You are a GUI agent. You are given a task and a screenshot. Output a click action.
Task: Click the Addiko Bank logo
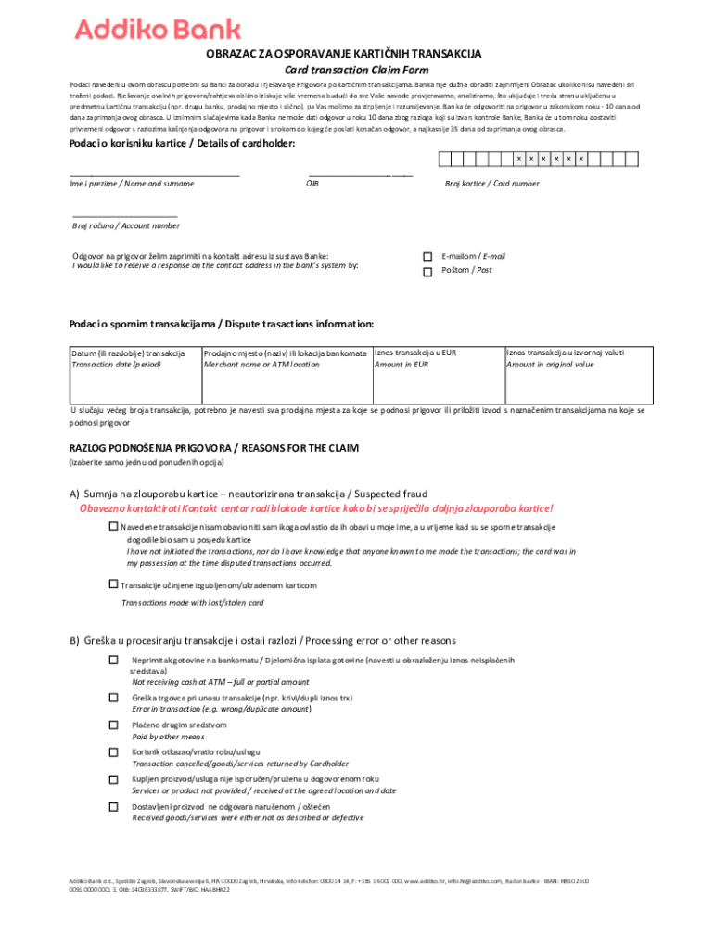tap(158, 32)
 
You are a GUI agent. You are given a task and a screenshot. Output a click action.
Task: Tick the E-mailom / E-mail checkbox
tap(427, 257)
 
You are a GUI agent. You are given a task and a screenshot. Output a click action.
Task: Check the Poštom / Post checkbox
tap(427, 272)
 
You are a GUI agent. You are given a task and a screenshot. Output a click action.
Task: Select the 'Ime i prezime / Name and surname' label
tap(132, 184)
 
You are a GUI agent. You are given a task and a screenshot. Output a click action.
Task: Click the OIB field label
tap(312, 184)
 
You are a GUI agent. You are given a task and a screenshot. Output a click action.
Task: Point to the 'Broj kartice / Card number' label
tap(491, 184)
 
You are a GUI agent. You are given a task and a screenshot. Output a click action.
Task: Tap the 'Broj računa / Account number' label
tap(126, 225)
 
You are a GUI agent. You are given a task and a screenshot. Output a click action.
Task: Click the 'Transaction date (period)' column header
tap(115, 365)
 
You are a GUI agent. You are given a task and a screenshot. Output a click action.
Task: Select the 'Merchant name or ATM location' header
tap(261, 365)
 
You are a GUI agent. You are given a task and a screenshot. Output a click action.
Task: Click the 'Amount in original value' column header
tap(550, 365)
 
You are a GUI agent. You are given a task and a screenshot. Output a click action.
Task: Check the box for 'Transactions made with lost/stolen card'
tap(113, 584)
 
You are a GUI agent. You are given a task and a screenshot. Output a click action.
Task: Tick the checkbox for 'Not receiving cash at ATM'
tap(113, 660)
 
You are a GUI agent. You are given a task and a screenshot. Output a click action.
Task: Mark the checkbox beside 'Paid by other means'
tap(113, 725)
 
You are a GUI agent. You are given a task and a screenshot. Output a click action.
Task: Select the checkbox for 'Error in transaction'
tap(113, 697)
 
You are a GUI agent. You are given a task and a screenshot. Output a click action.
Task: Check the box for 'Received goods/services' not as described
tap(113, 807)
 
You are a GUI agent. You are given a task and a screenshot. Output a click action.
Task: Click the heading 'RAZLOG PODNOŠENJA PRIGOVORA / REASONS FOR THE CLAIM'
tap(227, 448)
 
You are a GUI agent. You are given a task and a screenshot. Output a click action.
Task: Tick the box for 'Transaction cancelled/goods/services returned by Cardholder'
tap(113, 751)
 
